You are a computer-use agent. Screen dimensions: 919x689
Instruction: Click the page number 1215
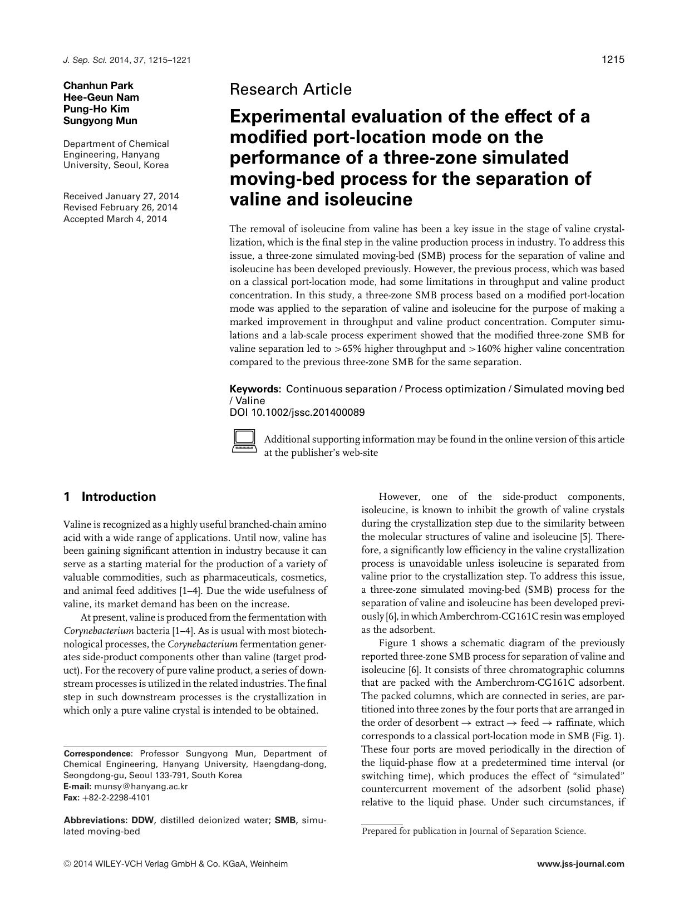(613, 60)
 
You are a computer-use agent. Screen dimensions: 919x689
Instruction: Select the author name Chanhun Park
(99, 85)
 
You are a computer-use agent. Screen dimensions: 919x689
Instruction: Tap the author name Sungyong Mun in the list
(100, 120)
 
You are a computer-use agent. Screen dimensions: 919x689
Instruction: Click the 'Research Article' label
(291, 89)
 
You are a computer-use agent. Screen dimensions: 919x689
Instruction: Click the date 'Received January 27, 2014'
(121, 196)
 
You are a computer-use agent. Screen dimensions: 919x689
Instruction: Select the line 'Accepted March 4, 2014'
(115, 219)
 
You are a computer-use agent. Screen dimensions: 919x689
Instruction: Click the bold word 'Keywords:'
(255, 389)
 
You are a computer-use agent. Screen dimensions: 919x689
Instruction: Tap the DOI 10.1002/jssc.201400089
(297, 412)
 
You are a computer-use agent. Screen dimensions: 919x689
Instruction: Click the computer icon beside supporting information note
(244, 441)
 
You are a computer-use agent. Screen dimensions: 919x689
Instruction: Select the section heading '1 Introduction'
(110, 497)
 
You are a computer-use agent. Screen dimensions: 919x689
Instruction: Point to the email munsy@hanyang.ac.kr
(141, 787)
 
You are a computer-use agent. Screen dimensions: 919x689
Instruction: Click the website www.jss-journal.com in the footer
(581, 864)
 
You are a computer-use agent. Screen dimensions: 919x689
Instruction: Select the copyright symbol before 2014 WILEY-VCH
(67, 864)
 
